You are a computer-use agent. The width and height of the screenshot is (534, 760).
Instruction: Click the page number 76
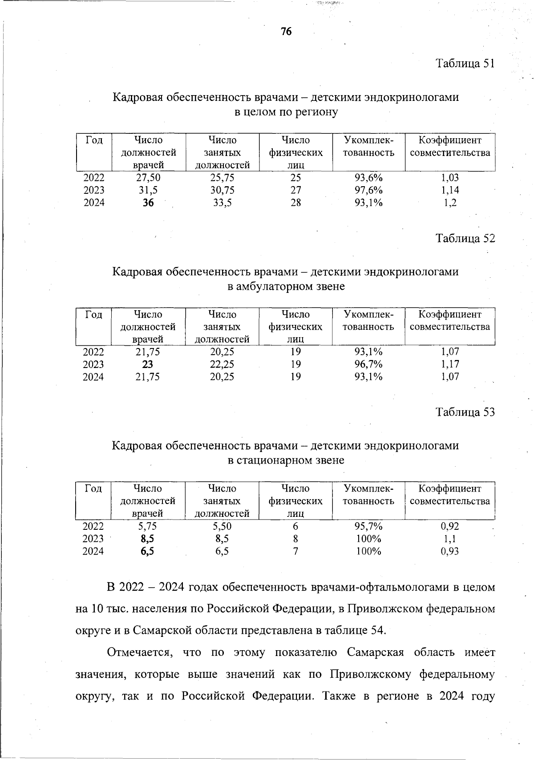[x=286, y=32]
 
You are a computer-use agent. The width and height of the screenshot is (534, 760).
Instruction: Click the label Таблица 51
[x=465, y=64]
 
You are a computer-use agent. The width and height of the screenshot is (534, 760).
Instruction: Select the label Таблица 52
[x=465, y=238]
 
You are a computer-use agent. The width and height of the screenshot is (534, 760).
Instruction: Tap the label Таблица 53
[x=465, y=412]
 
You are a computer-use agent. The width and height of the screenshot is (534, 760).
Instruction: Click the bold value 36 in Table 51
[x=148, y=203]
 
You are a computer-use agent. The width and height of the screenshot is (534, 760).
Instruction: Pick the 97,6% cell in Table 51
[x=368, y=190]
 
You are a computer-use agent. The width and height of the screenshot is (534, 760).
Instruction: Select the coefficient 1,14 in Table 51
[x=450, y=190]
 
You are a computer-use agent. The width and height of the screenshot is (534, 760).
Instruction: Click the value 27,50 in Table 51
[x=148, y=178]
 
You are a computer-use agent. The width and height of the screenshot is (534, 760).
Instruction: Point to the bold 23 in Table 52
[x=148, y=364]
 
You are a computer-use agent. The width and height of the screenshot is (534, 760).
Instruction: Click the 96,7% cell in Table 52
[x=368, y=364]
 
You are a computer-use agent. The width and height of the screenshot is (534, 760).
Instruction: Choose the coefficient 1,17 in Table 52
[x=450, y=364]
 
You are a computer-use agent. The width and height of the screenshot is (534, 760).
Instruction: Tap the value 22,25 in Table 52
[x=222, y=364]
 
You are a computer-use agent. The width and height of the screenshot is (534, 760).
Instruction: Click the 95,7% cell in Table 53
[x=368, y=526]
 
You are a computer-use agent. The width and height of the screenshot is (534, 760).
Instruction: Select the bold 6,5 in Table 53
[x=148, y=551]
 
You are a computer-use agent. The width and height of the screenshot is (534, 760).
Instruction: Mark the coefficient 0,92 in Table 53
[x=450, y=526]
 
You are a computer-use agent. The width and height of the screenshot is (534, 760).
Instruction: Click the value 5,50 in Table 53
[x=222, y=526]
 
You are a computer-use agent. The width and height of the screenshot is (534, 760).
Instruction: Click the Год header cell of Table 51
[x=94, y=140]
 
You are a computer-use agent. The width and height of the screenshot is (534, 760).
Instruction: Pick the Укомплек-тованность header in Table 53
[x=368, y=495]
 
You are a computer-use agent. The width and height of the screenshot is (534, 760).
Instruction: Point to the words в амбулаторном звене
[x=286, y=286]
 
